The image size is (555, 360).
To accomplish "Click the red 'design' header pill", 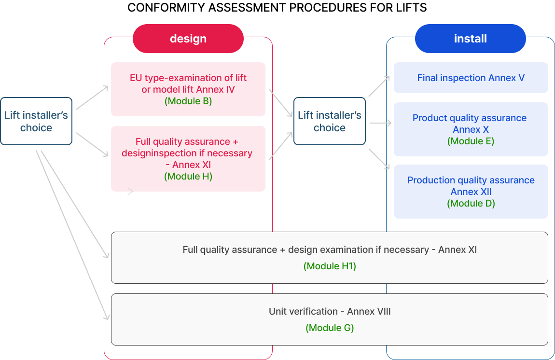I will pyautogui.click(x=188, y=39).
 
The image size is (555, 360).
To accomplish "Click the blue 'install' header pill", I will pyautogui.click(x=470, y=39).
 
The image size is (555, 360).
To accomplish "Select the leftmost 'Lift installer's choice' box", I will pyautogui.click(x=36, y=121).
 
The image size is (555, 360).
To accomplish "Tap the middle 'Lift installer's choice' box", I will pyautogui.click(x=329, y=121).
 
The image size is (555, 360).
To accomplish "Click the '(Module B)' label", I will pyautogui.click(x=188, y=101).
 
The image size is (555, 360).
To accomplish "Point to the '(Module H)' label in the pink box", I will pyautogui.click(x=188, y=176).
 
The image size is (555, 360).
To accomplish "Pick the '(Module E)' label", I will pyautogui.click(x=471, y=141).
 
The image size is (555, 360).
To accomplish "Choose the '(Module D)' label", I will pyautogui.click(x=471, y=203).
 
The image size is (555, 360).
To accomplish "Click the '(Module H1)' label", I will pyautogui.click(x=330, y=266).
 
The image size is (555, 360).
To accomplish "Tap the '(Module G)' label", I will pyautogui.click(x=330, y=328).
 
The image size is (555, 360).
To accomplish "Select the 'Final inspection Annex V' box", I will pyautogui.click(x=471, y=78).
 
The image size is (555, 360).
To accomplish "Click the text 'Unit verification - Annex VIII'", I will pyautogui.click(x=330, y=311).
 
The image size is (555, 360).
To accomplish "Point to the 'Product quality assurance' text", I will pyautogui.click(x=470, y=118).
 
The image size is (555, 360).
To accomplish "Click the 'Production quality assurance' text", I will pyautogui.click(x=471, y=180).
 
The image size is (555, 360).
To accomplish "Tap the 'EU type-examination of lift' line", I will pyautogui.click(x=188, y=78).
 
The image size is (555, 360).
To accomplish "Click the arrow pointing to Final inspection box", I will pyautogui.click(x=379, y=86).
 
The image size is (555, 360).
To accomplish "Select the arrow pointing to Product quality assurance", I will pyautogui.click(x=380, y=123).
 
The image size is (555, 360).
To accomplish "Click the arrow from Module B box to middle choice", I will pyautogui.click(x=281, y=102).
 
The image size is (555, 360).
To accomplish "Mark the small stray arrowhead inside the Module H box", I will pyautogui.click(x=130, y=192).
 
